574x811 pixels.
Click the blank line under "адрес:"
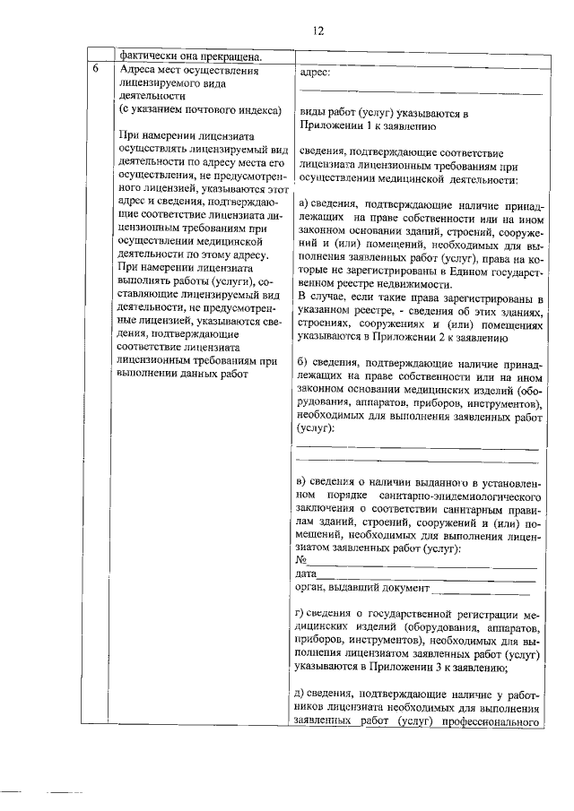tap(420, 92)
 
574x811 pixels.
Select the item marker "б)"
tap(305, 360)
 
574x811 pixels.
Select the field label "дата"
tap(306, 574)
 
